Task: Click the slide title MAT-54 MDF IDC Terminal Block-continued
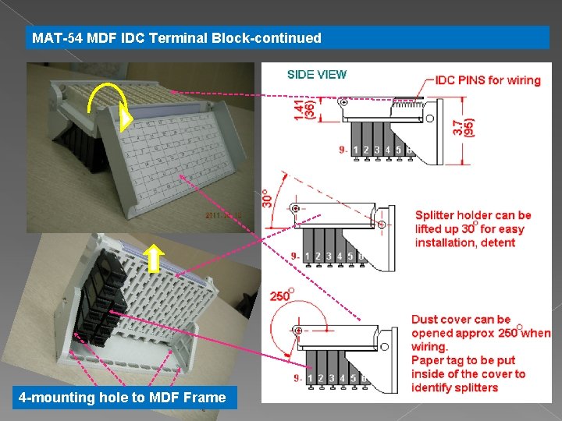click(x=176, y=37)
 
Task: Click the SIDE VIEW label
click(x=317, y=75)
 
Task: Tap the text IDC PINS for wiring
click(x=488, y=80)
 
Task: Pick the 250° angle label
click(x=280, y=296)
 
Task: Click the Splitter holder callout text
click(x=473, y=228)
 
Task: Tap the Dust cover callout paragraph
click(x=480, y=352)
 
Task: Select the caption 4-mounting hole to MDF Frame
click(x=122, y=398)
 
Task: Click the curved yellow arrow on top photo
click(x=108, y=102)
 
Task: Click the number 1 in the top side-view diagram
click(x=356, y=150)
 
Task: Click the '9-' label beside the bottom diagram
click(x=299, y=379)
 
